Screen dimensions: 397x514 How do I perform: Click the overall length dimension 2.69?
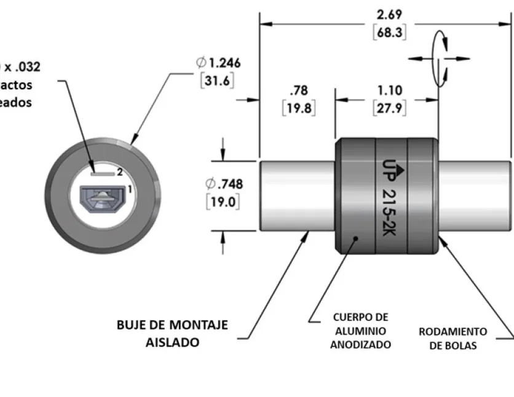(390, 15)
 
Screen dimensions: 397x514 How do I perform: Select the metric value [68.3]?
(390, 32)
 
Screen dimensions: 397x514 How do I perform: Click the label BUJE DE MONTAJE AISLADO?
(172, 333)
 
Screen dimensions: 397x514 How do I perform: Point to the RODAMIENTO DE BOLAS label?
(453, 338)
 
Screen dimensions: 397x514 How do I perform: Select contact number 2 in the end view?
(121, 173)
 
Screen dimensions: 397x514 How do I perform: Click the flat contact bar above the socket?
(102, 173)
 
